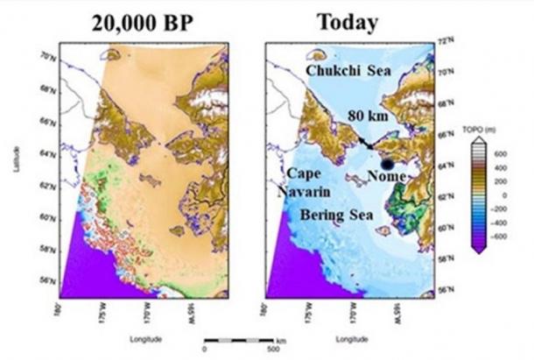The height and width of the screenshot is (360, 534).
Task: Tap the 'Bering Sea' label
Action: tap(335, 215)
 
